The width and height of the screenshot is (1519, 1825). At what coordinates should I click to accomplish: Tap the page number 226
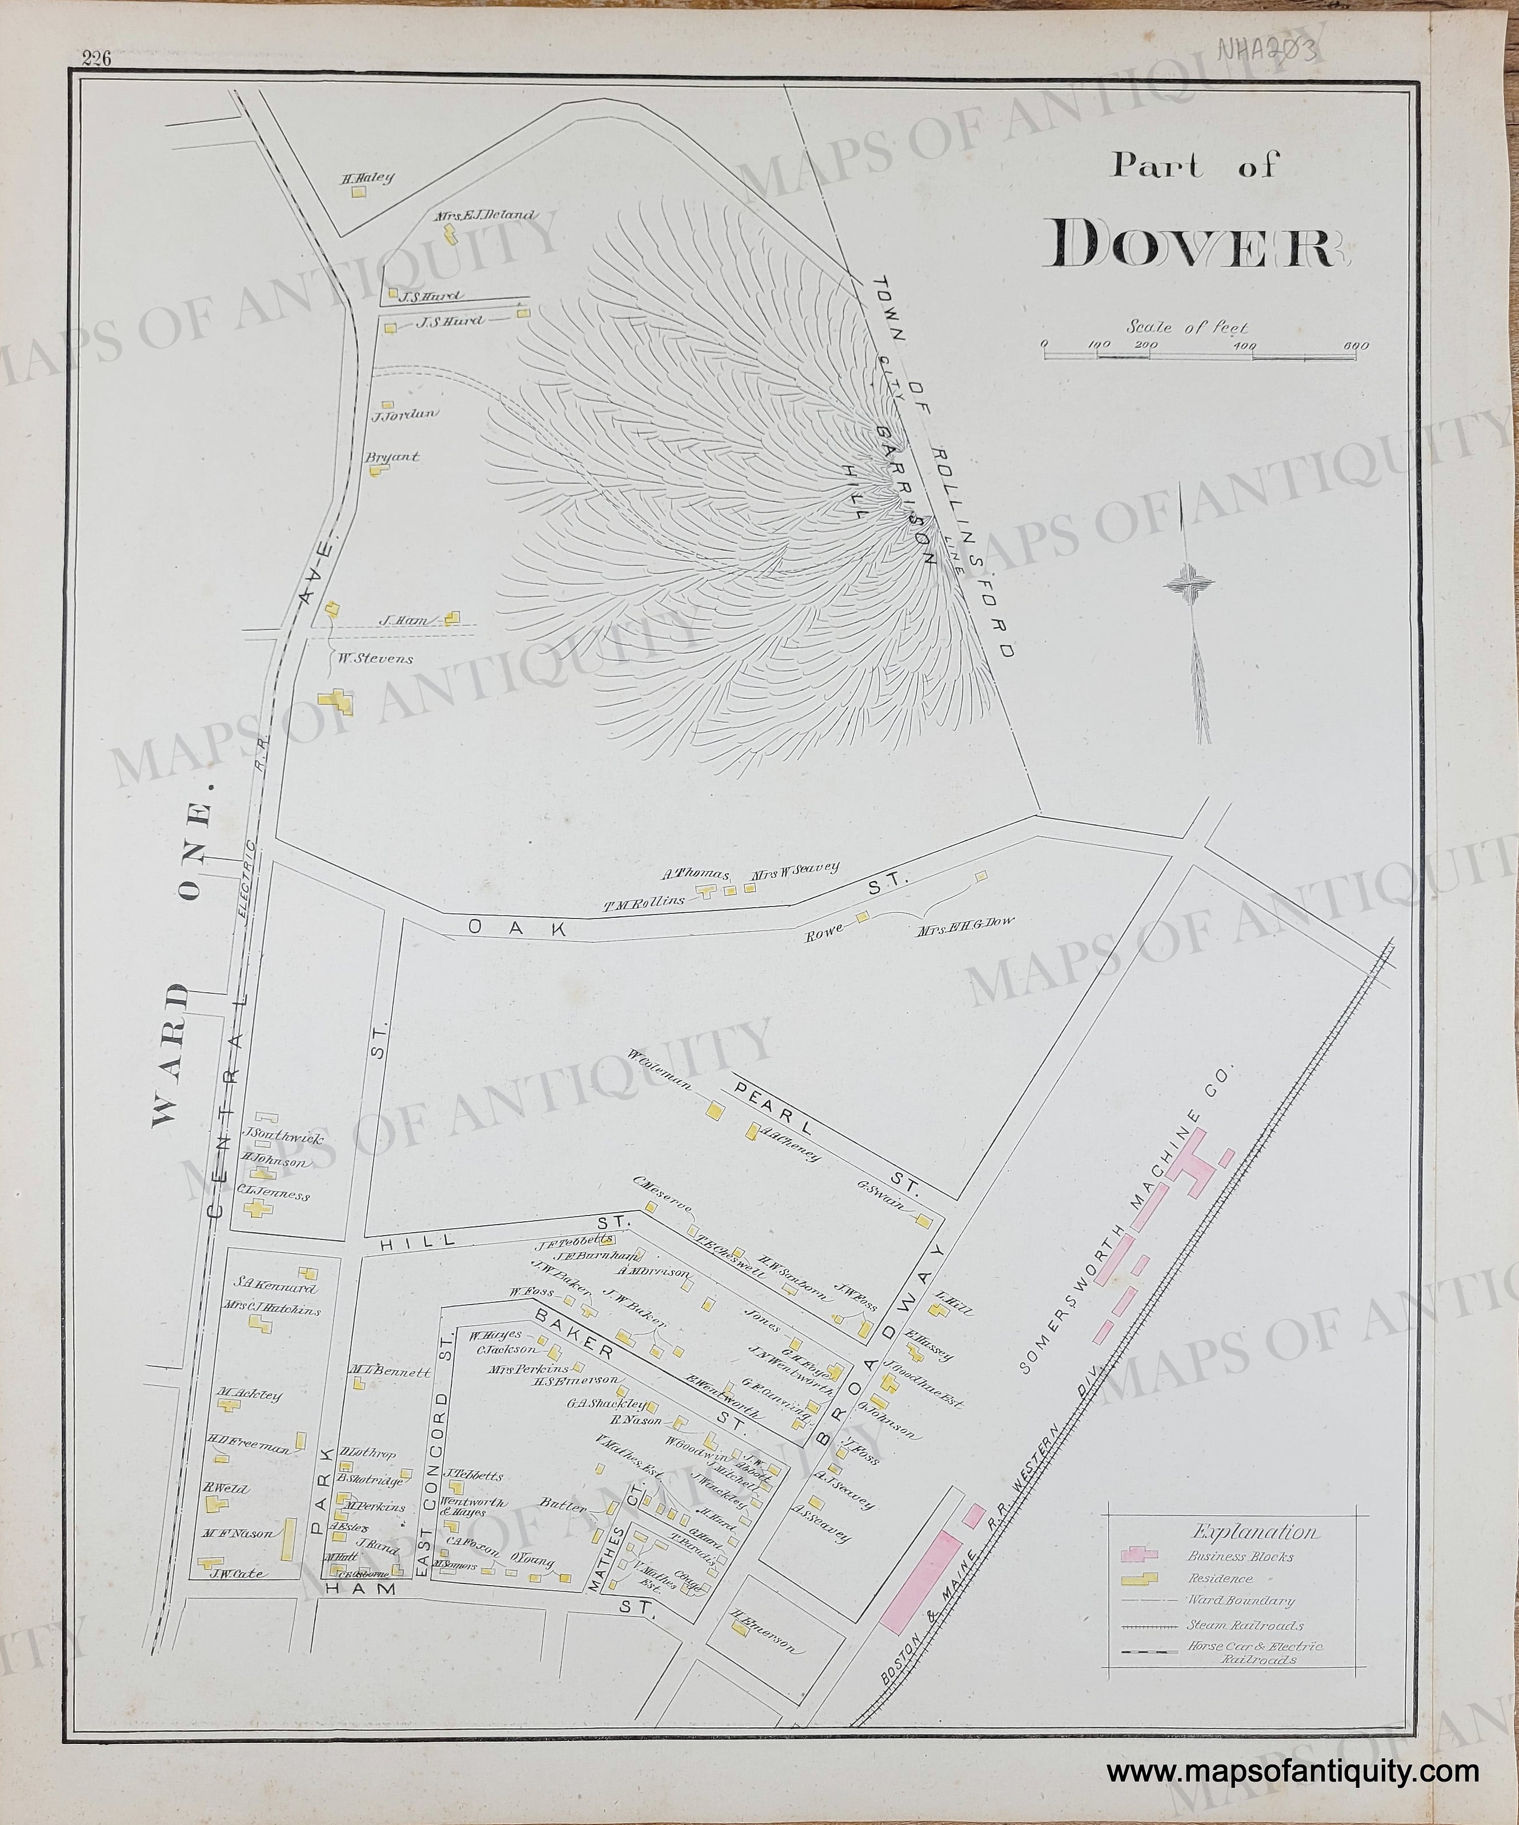[x=97, y=59]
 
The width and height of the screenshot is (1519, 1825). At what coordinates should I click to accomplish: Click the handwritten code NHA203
[x=1271, y=50]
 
